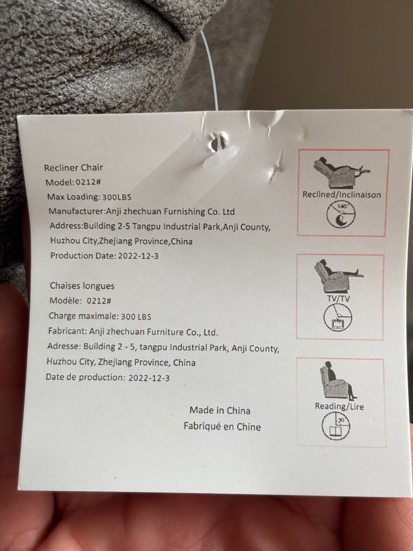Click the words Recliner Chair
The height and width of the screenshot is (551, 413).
[x=73, y=168]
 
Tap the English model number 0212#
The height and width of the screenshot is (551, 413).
[x=89, y=182]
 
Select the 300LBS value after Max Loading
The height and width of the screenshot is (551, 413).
[x=117, y=197]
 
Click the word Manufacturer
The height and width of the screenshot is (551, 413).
[x=76, y=211]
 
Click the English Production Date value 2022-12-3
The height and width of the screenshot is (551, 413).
[x=138, y=256]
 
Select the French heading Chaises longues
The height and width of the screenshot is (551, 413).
[x=82, y=286]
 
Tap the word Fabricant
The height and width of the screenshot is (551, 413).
[x=67, y=331]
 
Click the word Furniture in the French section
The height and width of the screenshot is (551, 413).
[x=165, y=332]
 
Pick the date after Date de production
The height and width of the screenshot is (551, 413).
[x=149, y=378]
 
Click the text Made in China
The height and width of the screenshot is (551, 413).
[x=220, y=410]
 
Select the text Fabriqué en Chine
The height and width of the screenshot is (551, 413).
[x=222, y=427]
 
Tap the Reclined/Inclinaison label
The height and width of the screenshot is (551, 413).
[x=342, y=195]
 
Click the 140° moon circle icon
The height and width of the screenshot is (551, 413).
[x=341, y=214]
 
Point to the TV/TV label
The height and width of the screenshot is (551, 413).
[x=339, y=298]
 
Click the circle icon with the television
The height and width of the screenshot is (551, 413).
[x=338, y=317]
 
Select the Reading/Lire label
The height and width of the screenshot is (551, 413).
[x=339, y=406]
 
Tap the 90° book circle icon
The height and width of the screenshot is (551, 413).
[x=336, y=426]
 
